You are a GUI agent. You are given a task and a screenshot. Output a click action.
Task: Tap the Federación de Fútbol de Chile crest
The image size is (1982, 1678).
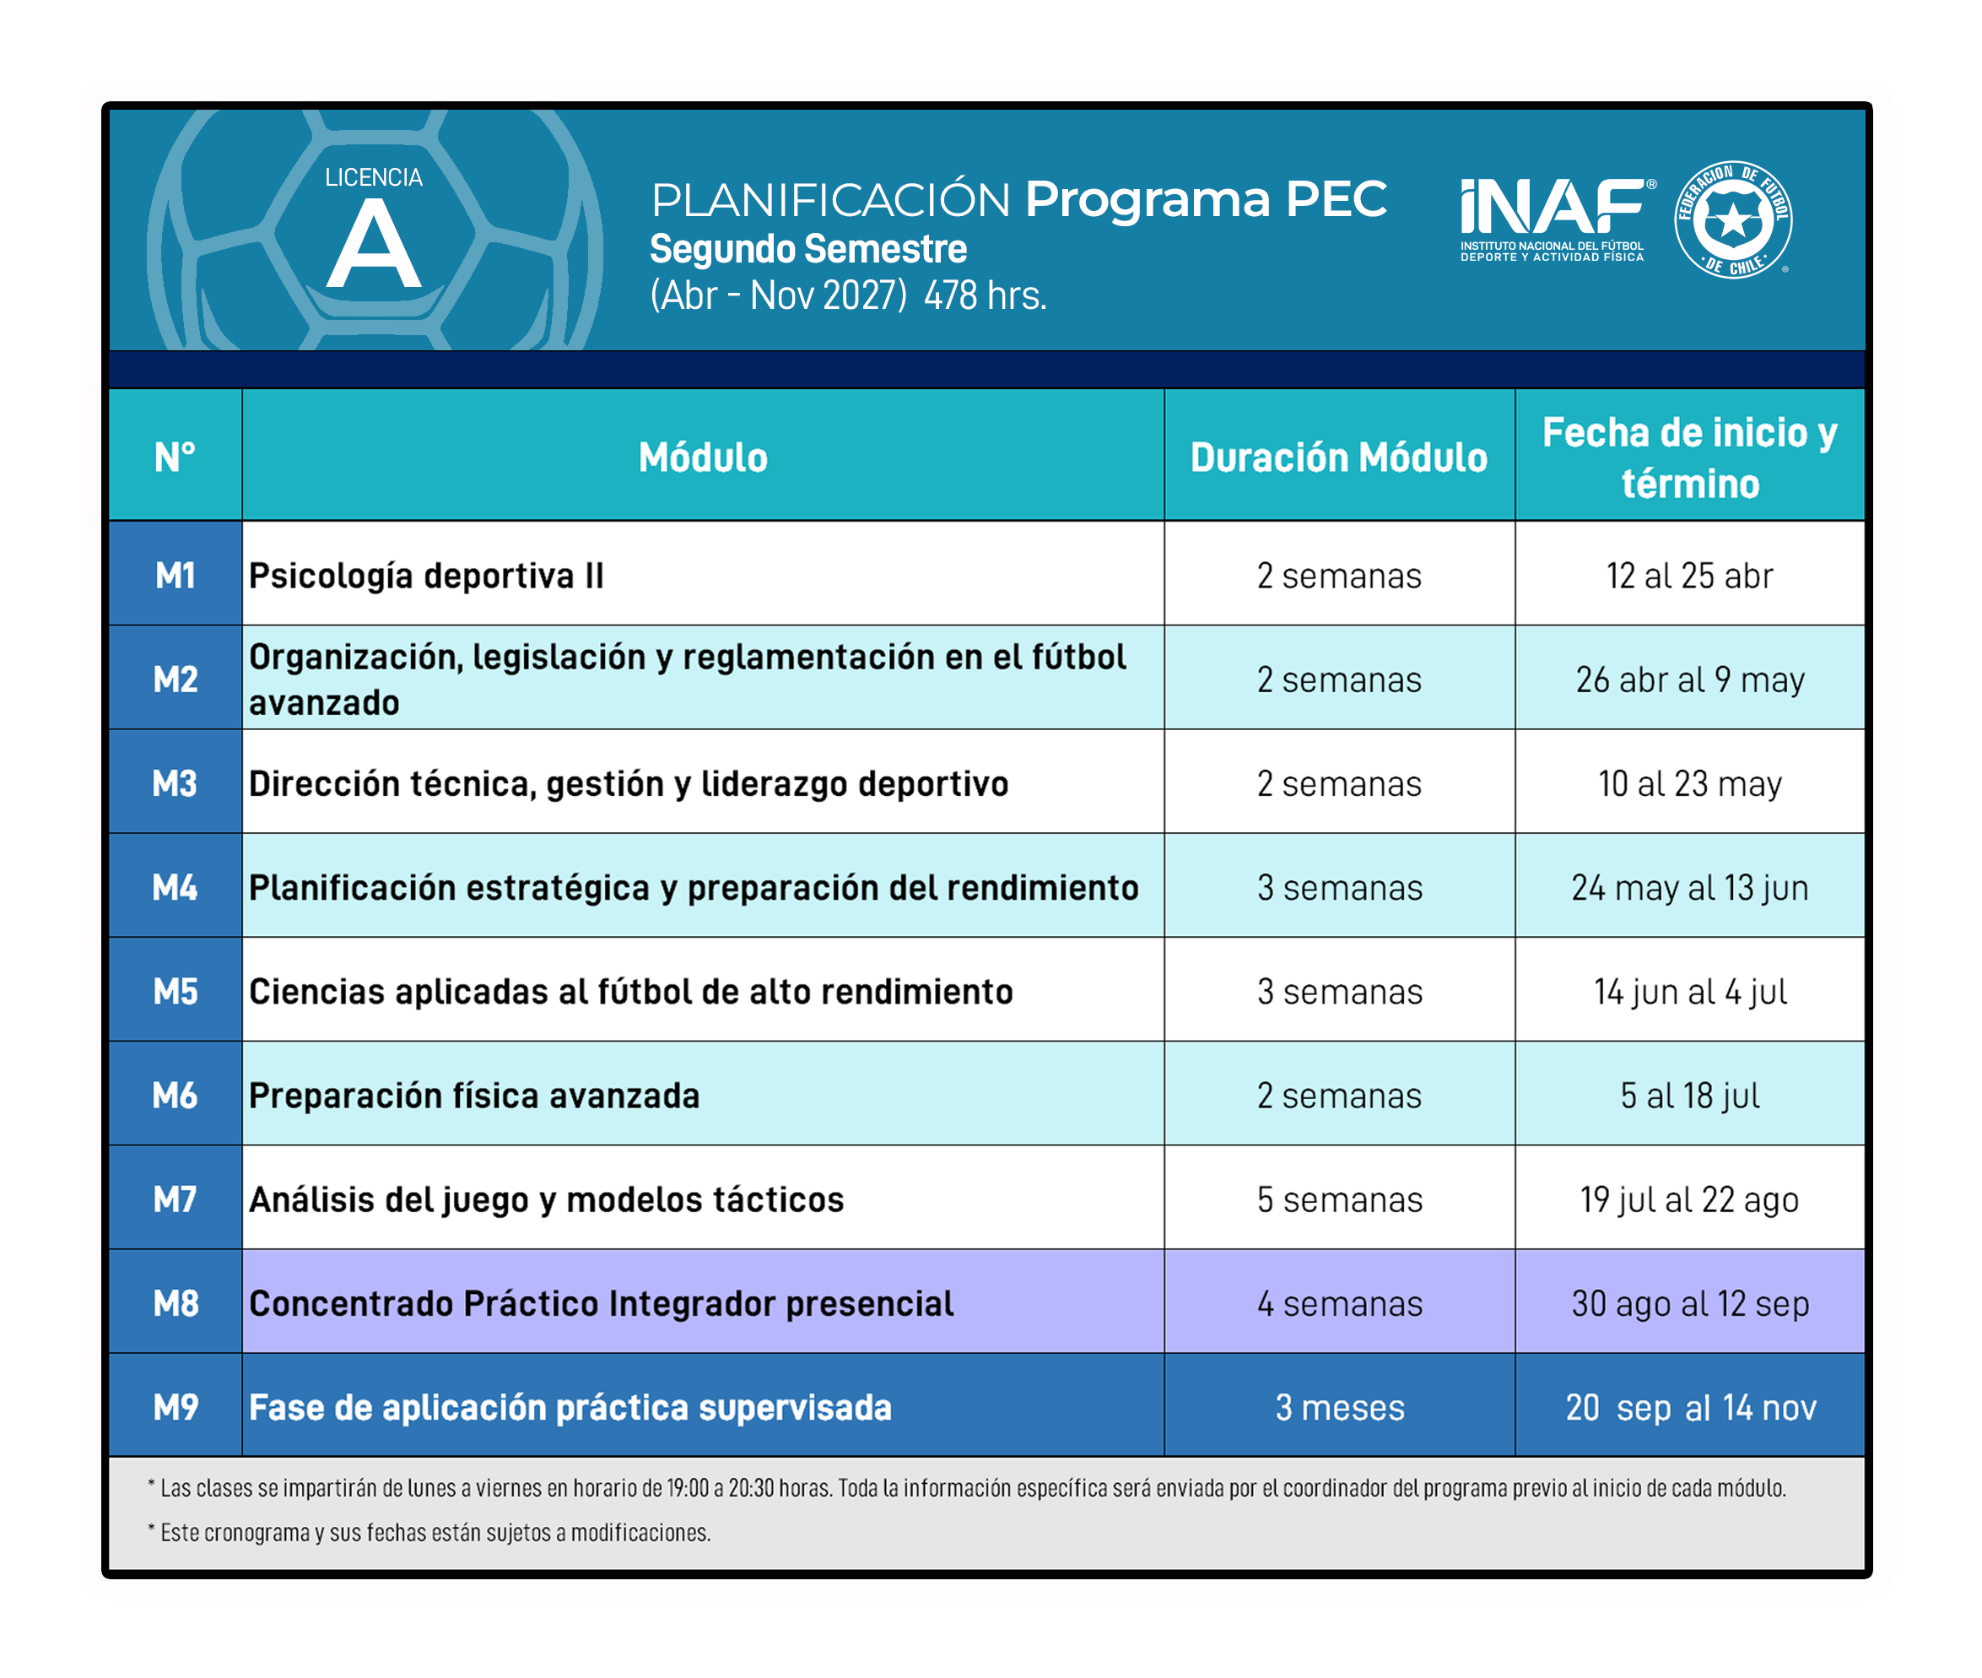click(x=1733, y=219)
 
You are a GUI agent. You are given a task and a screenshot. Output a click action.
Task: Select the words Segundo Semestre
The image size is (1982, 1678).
click(x=807, y=249)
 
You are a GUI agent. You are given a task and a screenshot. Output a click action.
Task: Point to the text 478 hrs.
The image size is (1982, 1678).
click(x=985, y=295)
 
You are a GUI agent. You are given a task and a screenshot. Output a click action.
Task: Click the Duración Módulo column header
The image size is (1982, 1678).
click(x=1338, y=457)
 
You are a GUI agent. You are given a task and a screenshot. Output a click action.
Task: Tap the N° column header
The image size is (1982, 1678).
click(x=175, y=457)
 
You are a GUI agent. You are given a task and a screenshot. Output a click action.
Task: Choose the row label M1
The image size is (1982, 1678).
click(x=175, y=575)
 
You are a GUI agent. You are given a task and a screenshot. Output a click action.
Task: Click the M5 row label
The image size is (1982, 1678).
click(x=175, y=991)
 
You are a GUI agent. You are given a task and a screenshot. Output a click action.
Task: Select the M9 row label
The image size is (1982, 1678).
click(x=175, y=1407)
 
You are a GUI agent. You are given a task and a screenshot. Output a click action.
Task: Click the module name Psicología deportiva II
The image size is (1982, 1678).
click(x=426, y=576)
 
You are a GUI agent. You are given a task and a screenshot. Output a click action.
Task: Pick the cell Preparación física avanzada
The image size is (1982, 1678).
click(x=473, y=1096)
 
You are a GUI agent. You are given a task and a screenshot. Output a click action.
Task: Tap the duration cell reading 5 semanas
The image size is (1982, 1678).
click(x=1339, y=1199)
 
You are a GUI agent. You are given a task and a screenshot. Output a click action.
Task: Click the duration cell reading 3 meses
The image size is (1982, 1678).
click(x=1339, y=1407)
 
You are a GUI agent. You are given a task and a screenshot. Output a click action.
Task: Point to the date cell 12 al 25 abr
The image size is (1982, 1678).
click(x=1689, y=576)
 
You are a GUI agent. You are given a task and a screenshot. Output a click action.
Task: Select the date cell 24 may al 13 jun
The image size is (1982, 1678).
click(x=1689, y=887)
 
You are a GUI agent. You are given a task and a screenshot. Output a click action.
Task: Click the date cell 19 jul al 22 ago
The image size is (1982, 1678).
click(x=1689, y=1200)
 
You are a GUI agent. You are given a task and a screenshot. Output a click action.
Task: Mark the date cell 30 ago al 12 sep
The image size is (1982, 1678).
click(x=1689, y=1304)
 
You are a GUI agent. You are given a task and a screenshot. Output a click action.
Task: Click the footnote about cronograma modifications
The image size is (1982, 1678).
click(x=429, y=1533)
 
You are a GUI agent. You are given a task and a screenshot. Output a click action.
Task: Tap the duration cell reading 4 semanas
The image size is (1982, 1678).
click(x=1339, y=1303)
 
